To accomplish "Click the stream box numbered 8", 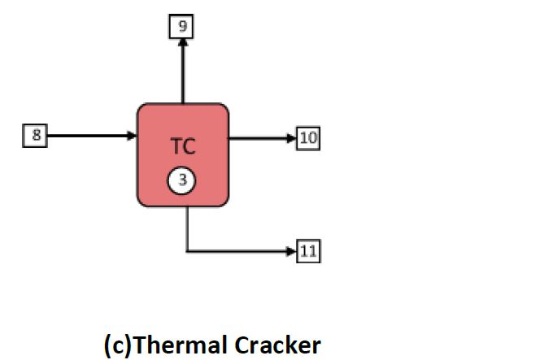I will tap(35, 136).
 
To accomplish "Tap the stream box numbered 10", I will tap(308, 138).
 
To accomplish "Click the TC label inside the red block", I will tap(182, 148).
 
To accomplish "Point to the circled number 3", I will tap(182, 181).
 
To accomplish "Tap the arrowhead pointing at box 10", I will tap(292, 138).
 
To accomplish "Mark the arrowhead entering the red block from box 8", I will tap(132, 136).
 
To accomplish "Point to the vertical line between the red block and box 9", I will tap(182, 77).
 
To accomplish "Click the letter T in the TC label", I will tap(176, 148).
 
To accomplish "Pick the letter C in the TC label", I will tap(189, 148).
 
